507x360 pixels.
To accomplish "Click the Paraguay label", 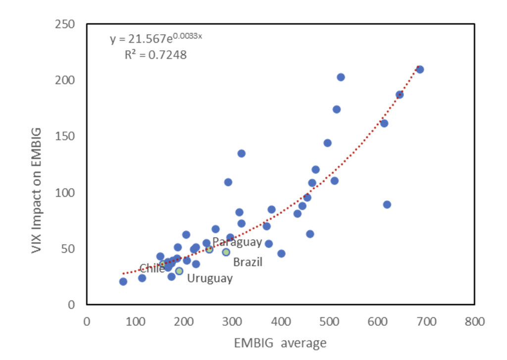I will tap(237, 242).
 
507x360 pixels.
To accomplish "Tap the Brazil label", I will tap(248, 262).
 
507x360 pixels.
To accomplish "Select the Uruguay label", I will tap(209, 278).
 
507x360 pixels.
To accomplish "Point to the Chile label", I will tap(152, 269).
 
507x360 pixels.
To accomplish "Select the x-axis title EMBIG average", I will tap(280, 343).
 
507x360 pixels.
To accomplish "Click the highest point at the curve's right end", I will tap(420, 69).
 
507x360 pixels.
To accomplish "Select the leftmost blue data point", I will tap(123, 282).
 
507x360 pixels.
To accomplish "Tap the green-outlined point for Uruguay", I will tap(179, 271).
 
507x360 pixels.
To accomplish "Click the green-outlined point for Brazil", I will tap(226, 252).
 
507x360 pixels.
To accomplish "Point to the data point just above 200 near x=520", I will tap(341, 77).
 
